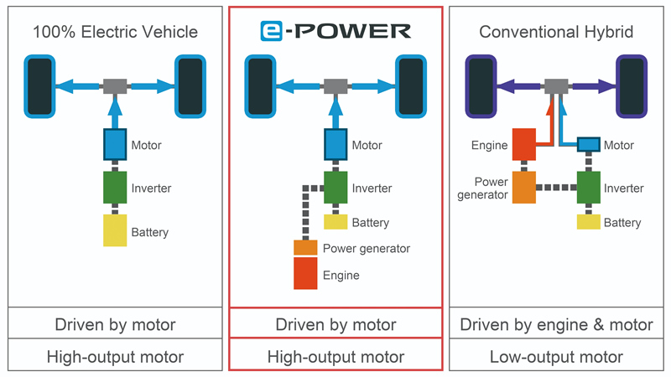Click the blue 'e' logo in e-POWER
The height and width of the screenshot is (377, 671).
click(x=271, y=31)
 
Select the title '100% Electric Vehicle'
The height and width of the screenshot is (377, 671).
click(x=115, y=32)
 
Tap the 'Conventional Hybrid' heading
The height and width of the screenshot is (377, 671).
click(x=556, y=32)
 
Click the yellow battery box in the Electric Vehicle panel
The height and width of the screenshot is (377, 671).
click(x=115, y=230)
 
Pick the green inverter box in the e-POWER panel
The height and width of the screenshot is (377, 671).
click(x=335, y=188)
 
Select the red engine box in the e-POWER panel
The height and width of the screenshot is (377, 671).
click(x=305, y=273)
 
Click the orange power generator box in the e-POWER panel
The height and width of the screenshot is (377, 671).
click(x=305, y=247)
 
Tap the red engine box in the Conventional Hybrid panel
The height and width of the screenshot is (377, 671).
click(x=524, y=144)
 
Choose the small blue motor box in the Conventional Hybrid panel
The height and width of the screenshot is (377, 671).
click(x=589, y=144)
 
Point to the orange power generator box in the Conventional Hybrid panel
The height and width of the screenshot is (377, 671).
click(x=524, y=188)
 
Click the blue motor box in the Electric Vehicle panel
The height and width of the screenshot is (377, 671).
click(x=115, y=144)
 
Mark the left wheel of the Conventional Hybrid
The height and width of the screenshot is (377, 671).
click(x=481, y=86)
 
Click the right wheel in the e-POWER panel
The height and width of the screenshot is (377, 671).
click(x=411, y=86)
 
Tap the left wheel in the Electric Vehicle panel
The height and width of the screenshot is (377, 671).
click(x=39, y=86)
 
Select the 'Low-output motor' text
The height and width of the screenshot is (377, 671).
click(x=556, y=357)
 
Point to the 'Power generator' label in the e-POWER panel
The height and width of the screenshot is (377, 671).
click(x=367, y=248)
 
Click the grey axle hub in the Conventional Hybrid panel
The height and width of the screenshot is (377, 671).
click(x=556, y=86)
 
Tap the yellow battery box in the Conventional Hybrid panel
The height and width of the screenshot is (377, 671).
click(x=589, y=222)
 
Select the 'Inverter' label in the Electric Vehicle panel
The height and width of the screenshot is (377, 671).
click(x=151, y=188)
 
